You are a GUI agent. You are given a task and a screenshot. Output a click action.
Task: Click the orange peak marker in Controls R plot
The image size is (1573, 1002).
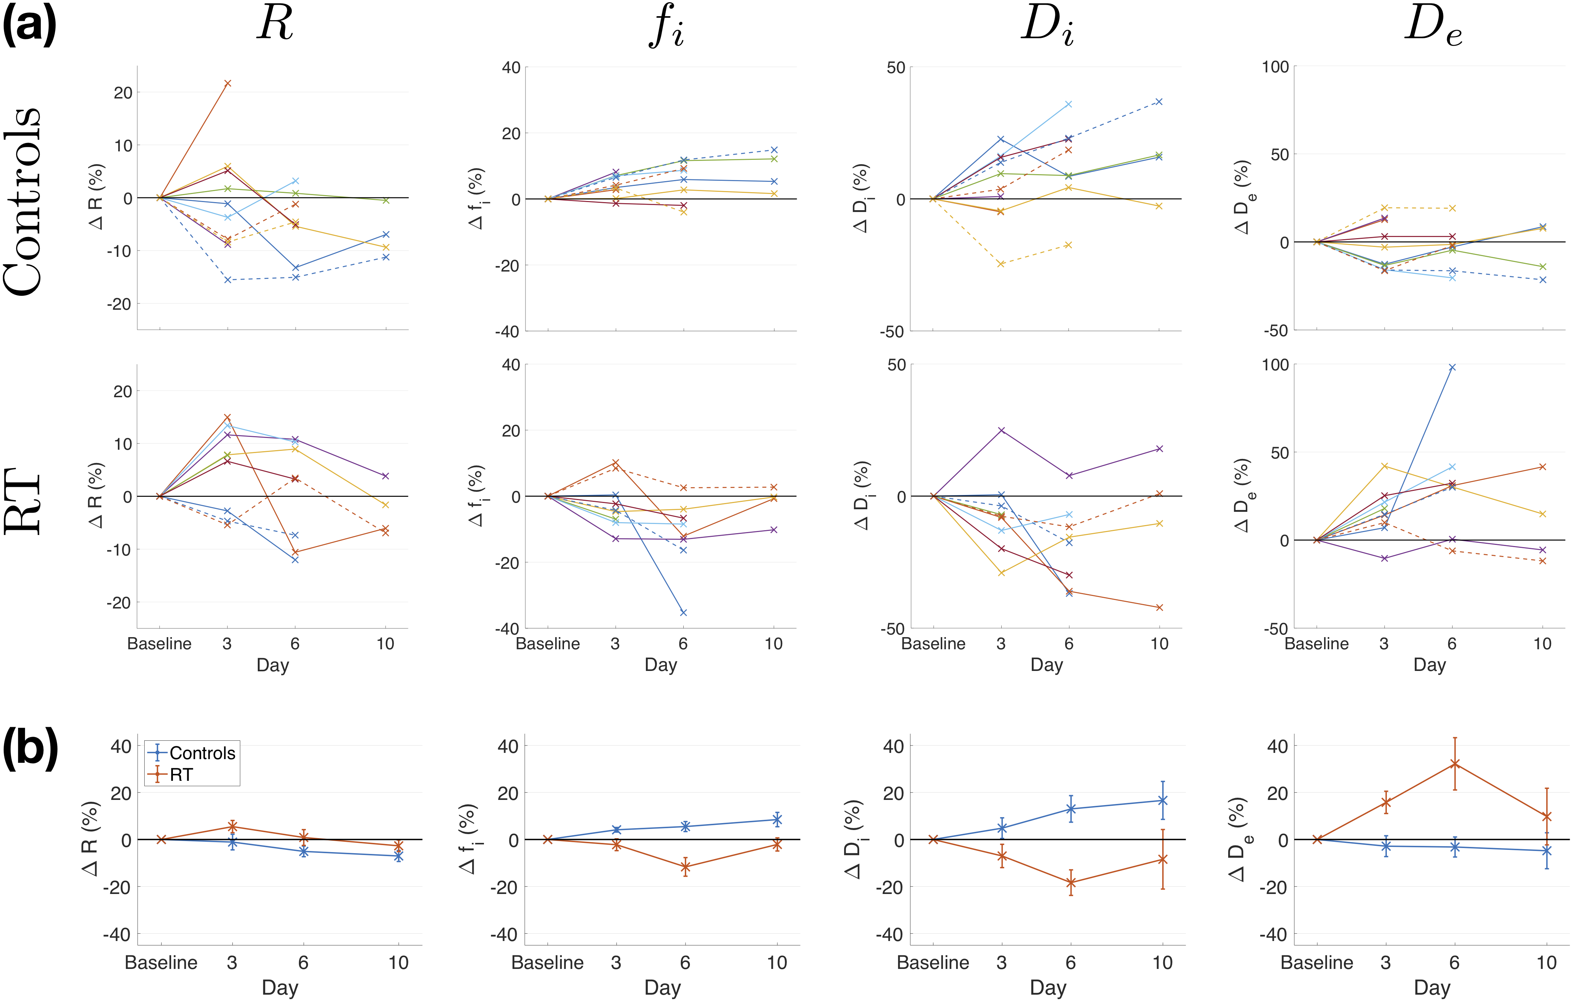point(227,84)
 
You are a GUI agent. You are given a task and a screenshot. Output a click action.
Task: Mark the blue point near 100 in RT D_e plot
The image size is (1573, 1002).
point(1452,367)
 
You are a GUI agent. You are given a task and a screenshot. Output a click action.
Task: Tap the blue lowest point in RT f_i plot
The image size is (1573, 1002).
point(683,613)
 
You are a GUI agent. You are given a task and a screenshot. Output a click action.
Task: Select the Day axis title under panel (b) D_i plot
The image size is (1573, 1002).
point(1047,987)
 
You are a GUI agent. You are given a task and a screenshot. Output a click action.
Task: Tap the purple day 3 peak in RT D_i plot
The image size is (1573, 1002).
point(1001,430)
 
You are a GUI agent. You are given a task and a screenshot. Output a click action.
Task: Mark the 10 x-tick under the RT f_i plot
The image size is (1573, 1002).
point(773,644)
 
